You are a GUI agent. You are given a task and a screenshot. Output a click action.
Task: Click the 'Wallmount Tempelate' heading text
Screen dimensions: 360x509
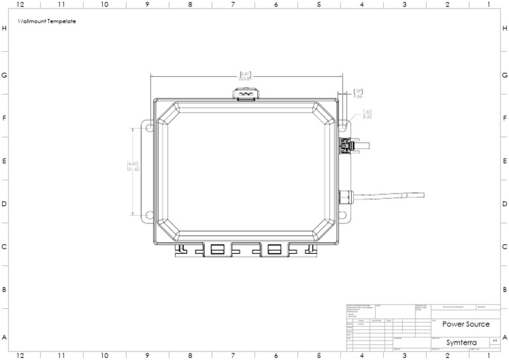(47, 21)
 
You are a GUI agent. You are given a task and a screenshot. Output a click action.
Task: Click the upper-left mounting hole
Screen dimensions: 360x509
(149, 125)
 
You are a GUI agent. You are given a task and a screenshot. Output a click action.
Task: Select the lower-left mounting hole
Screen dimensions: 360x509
(149, 215)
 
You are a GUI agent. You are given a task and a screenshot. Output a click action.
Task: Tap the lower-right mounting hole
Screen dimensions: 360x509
(343, 215)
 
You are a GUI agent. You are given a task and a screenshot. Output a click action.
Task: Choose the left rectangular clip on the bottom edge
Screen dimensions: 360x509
(217, 249)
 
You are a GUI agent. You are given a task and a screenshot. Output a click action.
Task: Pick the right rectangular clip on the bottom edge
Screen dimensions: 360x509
(274, 249)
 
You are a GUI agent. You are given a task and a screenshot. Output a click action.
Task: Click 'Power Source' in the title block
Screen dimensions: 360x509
(466, 324)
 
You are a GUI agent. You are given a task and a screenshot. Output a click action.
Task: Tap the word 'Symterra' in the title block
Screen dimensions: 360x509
(459, 342)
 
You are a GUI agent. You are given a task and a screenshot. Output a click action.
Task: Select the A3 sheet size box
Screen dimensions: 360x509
(494, 339)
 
